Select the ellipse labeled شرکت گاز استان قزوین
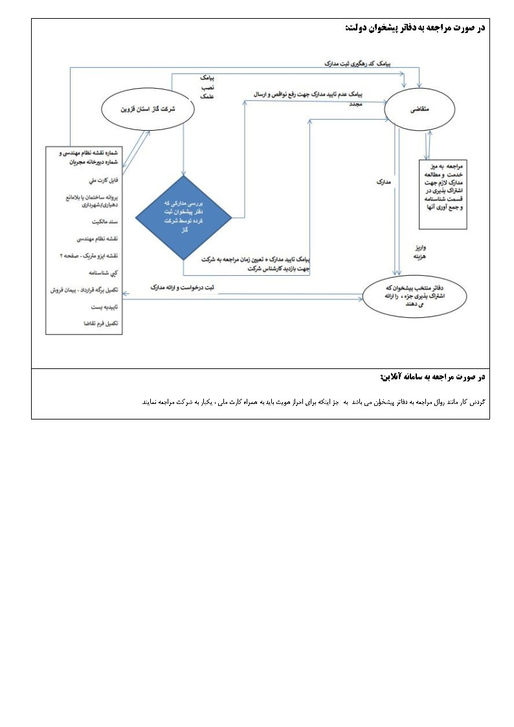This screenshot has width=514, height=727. pos(149,110)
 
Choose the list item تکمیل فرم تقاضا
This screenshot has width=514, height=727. pos(100,323)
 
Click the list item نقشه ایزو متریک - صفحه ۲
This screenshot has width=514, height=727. pos(93,256)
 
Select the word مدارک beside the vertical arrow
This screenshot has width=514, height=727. pos(383,183)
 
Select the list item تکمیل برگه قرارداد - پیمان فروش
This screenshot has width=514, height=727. pos(87,291)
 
